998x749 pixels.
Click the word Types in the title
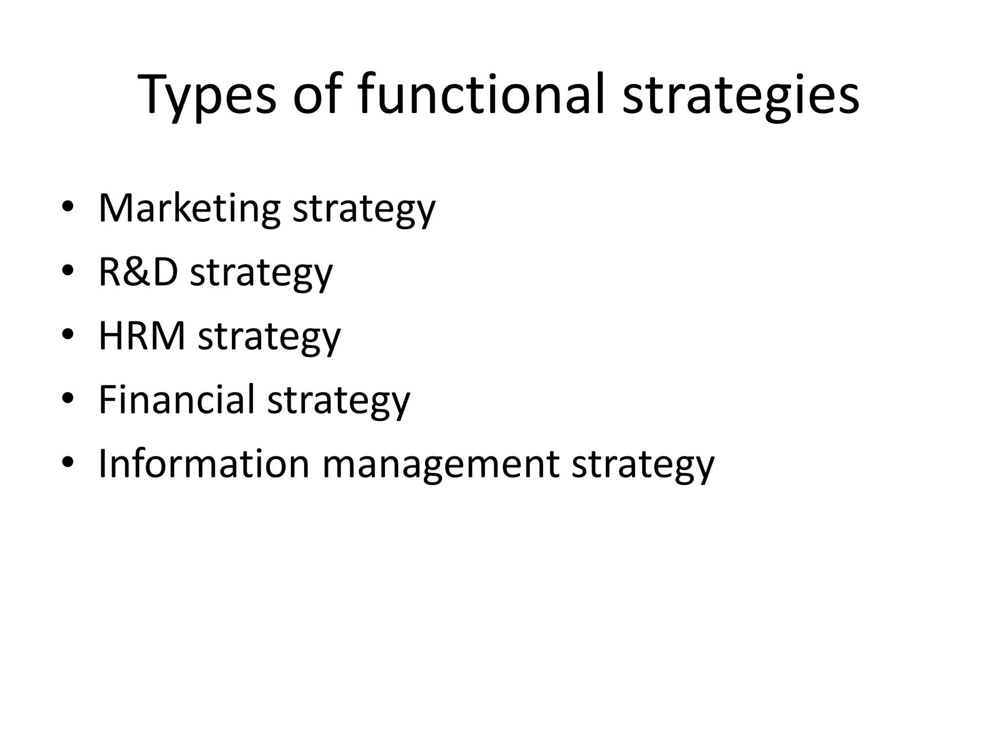[207, 95]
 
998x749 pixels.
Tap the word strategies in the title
[741, 95]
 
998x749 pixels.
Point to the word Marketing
[190, 209]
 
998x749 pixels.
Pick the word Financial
[177, 399]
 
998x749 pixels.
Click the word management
[441, 464]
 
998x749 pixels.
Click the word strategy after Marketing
[364, 210]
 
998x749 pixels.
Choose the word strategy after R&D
[261, 273]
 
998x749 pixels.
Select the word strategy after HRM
[269, 337]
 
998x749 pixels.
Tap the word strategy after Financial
[339, 400]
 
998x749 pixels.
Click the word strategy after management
[643, 464]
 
